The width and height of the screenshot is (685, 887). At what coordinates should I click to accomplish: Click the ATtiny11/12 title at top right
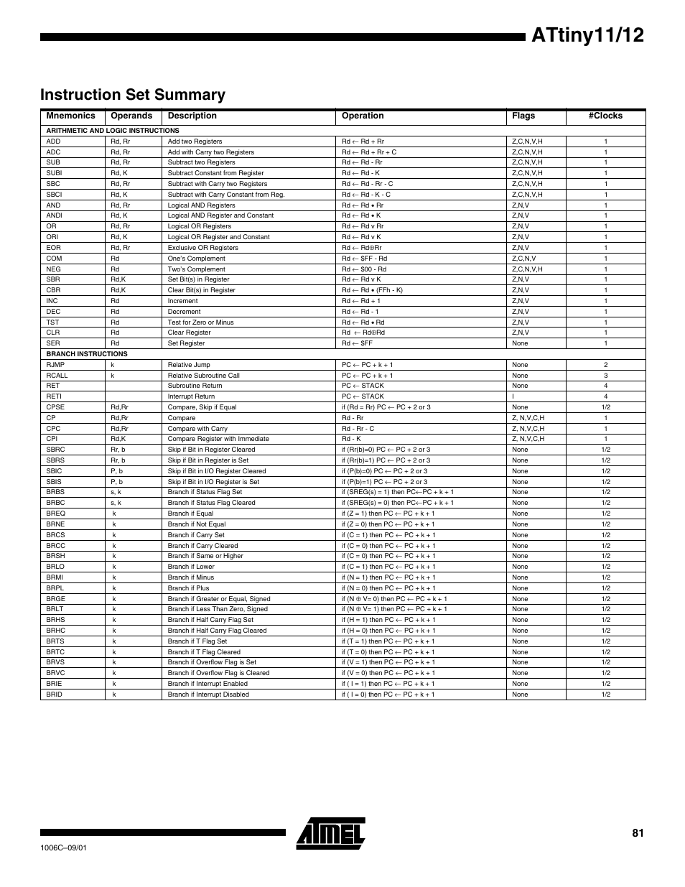(x=588, y=37)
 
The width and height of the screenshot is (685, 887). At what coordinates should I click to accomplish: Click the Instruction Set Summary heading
(x=133, y=95)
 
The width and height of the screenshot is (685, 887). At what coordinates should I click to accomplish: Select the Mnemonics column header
(x=70, y=116)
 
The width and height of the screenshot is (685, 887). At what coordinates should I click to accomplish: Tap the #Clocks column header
(x=605, y=116)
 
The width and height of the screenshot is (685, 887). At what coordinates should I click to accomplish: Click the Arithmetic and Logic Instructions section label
(x=113, y=131)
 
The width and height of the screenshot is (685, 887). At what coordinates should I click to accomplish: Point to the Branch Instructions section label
(x=87, y=354)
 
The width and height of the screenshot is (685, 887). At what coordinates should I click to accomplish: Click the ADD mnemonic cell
(x=54, y=141)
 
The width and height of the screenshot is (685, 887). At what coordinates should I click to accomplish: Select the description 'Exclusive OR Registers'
(x=202, y=248)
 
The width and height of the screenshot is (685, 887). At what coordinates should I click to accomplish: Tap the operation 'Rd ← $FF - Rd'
(x=364, y=259)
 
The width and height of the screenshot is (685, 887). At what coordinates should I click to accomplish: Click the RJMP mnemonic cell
(x=55, y=365)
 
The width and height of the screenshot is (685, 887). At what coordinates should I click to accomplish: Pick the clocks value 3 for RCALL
(x=605, y=376)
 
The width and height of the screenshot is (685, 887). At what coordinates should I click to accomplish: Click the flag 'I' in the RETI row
(x=513, y=396)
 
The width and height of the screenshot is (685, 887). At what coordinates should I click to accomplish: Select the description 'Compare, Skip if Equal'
(x=202, y=407)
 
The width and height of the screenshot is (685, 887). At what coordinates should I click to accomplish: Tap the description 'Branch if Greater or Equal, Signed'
(x=219, y=599)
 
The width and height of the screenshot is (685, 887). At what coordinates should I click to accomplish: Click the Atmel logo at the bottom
(x=331, y=833)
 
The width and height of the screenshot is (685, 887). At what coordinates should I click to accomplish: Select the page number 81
(x=638, y=833)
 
